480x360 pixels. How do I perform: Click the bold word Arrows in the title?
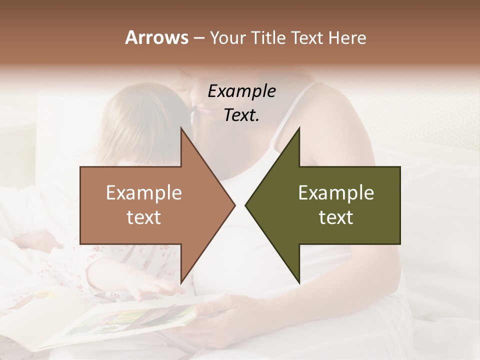[x=156, y=37]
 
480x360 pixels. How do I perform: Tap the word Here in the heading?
[x=347, y=37]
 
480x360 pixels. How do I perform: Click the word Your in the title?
[x=228, y=38]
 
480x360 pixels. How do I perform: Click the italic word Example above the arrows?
[x=242, y=91]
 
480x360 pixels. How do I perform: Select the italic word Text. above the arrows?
[x=242, y=115]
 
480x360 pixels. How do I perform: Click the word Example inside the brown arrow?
[x=144, y=193]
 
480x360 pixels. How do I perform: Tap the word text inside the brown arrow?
[x=144, y=217]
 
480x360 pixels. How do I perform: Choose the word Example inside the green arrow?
[x=336, y=193]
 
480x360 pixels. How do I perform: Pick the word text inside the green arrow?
[x=336, y=217]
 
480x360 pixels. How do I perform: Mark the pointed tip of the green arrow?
[x=246, y=205]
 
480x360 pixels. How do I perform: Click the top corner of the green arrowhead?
[x=299, y=129]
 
